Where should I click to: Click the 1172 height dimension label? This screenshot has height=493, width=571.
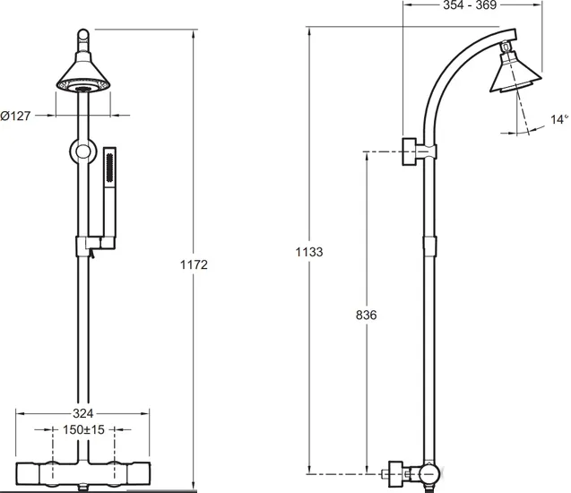pyautogui.click(x=194, y=264)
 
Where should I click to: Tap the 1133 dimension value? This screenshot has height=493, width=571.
pyautogui.click(x=308, y=252)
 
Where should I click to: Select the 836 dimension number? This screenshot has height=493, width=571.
pyautogui.click(x=366, y=315)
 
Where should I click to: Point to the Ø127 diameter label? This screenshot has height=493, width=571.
pyautogui.click(x=15, y=116)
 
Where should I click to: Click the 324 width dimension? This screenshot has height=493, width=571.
pyautogui.click(x=83, y=413)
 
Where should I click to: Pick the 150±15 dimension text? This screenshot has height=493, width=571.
pyautogui.click(x=83, y=429)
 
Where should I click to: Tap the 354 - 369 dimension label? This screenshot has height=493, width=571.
pyautogui.click(x=470, y=5)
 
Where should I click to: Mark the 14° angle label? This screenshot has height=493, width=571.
pyautogui.click(x=559, y=119)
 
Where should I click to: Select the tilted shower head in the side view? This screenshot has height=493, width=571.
pyautogui.click(x=515, y=72)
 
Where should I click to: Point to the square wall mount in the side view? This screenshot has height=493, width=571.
pyautogui.click(x=410, y=151)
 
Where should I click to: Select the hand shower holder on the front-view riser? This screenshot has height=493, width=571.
pyautogui.click(x=95, y=246)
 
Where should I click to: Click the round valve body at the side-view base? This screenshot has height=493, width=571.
pyautogui.click(x=429, y=474)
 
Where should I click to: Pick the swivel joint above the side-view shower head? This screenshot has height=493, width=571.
pyautogui.click(x=505, y=47)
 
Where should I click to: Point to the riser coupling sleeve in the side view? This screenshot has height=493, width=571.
pyautogui.click(x=429, y=246)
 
